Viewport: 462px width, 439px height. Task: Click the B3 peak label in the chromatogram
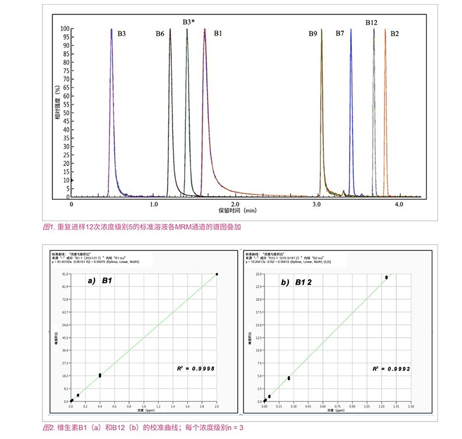[121, 34]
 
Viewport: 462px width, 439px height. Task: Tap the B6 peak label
[160, 34]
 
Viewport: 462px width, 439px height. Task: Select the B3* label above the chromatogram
[188, 22]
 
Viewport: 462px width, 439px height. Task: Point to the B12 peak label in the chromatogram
[372, 22]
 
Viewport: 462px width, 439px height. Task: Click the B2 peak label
[395, 34]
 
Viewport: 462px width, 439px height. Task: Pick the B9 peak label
[313, 34]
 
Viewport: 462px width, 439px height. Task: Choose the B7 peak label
[340, 34]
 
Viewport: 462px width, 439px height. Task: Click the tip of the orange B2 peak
[385, 30]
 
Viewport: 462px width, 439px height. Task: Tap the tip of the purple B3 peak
[111, 29]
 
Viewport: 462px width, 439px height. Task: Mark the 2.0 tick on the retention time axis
[235, 205]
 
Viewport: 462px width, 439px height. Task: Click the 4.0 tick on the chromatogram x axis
[399, 205]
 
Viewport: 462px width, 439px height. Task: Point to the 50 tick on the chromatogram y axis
[66, 113]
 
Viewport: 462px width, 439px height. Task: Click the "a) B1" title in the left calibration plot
[100, 281]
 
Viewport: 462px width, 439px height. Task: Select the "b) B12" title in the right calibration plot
[294, 281]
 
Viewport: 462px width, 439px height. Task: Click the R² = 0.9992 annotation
[392, 368]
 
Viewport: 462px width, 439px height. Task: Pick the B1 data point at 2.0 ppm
[217, 274]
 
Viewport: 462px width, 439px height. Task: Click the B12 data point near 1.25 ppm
[386, 277]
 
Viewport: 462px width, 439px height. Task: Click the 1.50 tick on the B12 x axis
[411, 407]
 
